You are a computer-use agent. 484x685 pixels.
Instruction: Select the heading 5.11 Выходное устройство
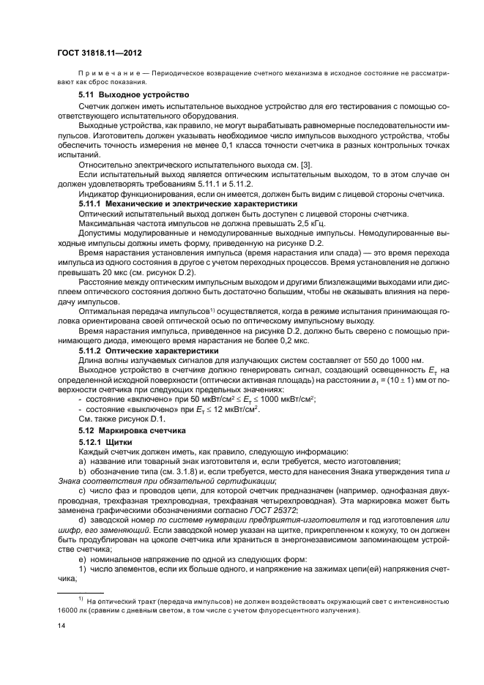[x=124, y=95]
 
